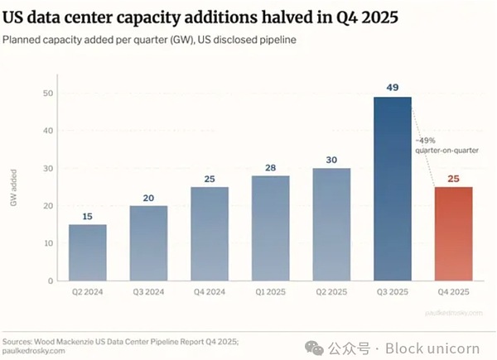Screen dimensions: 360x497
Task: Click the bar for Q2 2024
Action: (x=87, y=252)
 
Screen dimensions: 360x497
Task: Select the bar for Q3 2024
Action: (x=148, y=243)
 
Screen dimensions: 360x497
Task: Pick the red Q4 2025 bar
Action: (x=453, y=233)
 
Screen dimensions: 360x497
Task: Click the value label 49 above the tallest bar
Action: (x=393, y=87)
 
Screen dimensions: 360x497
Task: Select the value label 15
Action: (x=87, y=215)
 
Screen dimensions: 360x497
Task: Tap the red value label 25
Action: (x=453, y=177)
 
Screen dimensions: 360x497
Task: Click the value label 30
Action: (x=331, y=159)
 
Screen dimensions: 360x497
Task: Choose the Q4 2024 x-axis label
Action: (x=209, y=293)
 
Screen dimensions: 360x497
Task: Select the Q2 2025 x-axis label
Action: (x=331, y=293)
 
